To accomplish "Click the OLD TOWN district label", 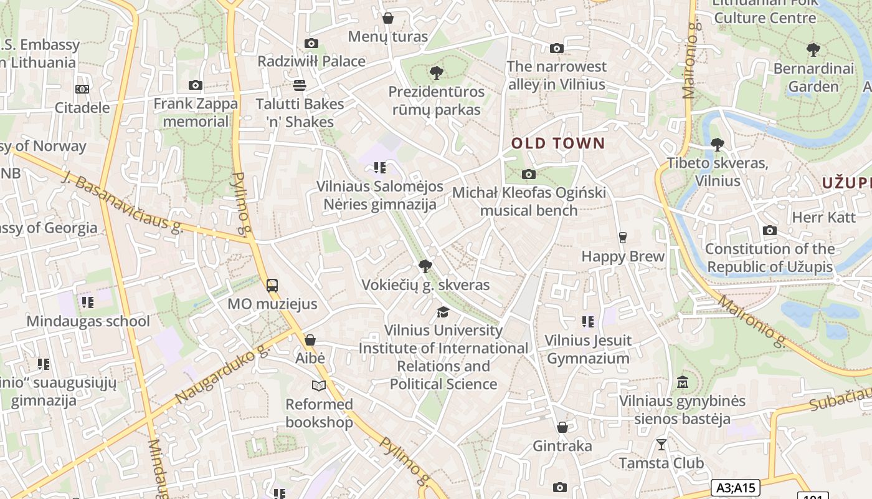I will point(558,143).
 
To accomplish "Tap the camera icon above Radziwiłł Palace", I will point(311,43).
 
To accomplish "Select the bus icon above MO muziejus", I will point(272,286).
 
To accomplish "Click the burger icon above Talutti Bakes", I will point(300,85).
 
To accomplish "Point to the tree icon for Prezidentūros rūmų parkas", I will point(437,73).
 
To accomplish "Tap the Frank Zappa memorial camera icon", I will point(196,85).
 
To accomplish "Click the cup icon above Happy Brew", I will point(622,237).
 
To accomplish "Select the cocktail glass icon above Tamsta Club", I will point(661,444).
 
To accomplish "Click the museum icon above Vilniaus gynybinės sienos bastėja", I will point(682,382).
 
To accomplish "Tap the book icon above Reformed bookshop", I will point(319,385).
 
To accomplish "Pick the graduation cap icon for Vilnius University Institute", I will point(443,311).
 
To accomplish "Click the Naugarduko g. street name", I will point(222,373).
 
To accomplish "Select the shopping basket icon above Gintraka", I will point(562,427).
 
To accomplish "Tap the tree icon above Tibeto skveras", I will point(718,145).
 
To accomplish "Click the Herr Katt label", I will point(823,217).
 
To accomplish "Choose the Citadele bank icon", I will point(82,89).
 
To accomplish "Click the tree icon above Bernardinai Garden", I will point(813,49).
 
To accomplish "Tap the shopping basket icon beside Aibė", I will point(310,340).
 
